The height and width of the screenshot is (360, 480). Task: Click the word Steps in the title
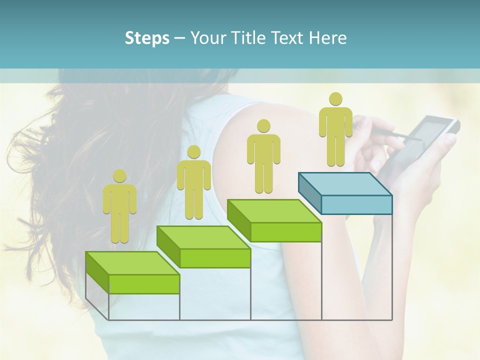point(147,38)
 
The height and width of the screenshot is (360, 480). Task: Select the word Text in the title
point(287,38)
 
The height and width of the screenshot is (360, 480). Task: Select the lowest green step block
point(133,272)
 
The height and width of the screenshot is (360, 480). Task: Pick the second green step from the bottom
point(204,246)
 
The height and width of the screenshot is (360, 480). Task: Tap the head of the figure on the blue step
point(335,99)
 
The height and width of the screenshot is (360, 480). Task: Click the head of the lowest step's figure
point(119,175)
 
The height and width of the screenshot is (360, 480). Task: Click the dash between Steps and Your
point(179,38)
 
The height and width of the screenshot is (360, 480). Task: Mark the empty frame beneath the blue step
point(356,267)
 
